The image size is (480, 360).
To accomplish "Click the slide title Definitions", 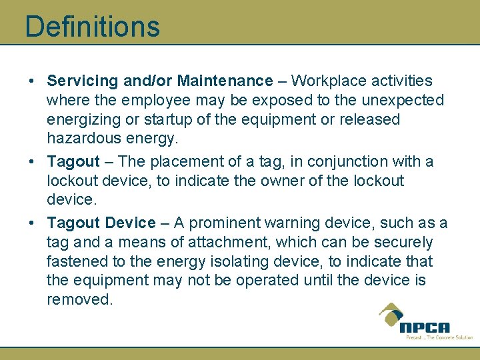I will tap(92, 27).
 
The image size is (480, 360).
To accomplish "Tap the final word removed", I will tap(79, 300).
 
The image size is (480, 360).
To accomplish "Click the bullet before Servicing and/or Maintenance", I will tap(32, 81).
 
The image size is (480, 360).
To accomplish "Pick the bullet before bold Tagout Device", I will tap(32, 223).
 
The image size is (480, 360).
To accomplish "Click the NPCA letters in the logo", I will tap(425, 327).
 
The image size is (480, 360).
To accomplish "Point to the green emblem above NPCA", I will tap(392, 313).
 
